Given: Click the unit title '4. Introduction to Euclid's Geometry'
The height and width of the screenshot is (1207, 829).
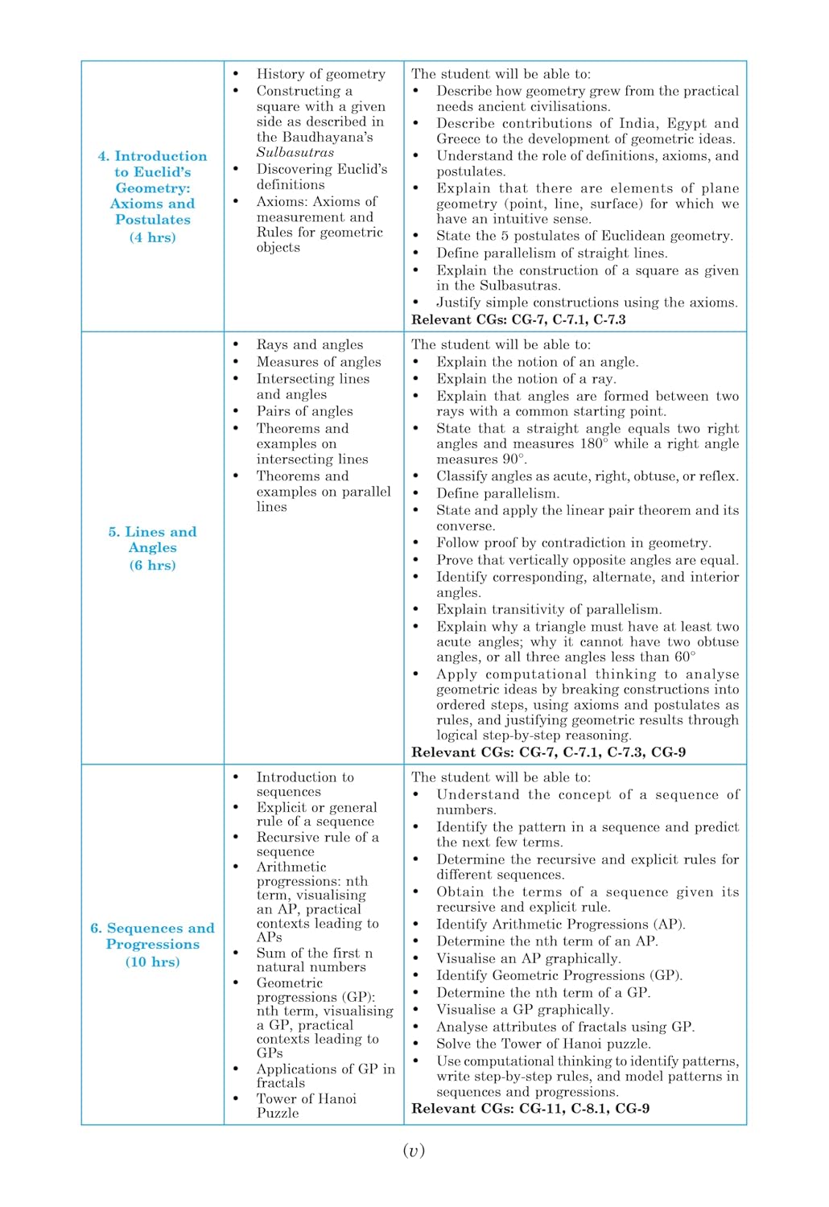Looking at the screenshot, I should tap(152, 187).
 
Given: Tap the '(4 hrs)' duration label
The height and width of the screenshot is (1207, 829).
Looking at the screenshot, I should tap(152, 237).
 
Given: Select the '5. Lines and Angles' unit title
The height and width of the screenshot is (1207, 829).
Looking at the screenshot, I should tap(152, 539).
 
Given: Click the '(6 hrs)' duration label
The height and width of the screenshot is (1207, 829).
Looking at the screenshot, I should tap(152, 566).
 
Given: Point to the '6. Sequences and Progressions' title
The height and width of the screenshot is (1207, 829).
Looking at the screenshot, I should tap(152, 936).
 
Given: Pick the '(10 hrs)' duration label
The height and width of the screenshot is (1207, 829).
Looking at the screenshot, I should tap(152, 962).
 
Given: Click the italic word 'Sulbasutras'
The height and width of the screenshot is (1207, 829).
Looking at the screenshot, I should tap(295, 153).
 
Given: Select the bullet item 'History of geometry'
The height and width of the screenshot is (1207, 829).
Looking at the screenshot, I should tap(320, 74).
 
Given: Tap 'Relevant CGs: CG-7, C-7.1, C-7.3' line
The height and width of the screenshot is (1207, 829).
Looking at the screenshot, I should tap(518, 319).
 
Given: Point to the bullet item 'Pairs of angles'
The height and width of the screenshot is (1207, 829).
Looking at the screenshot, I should tap(304, 411).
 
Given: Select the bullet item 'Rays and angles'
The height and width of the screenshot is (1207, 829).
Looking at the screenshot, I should tap(309, 344).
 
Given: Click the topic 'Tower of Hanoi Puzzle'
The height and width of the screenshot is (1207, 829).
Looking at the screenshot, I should tap(306, 1106).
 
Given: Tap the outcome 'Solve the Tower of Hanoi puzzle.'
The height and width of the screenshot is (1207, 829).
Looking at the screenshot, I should tap(543, 1044).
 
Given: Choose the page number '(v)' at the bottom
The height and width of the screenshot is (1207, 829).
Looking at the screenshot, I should tap(414, 1151).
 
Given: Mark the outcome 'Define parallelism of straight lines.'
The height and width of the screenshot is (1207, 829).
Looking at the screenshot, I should tap(551, 253).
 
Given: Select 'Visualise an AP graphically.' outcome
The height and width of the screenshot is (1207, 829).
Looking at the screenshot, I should tap(528, 958).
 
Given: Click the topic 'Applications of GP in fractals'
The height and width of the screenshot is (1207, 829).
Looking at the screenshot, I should tap(325, 1076).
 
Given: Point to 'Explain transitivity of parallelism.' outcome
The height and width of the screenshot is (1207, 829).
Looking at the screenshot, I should tap(549, 610).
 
